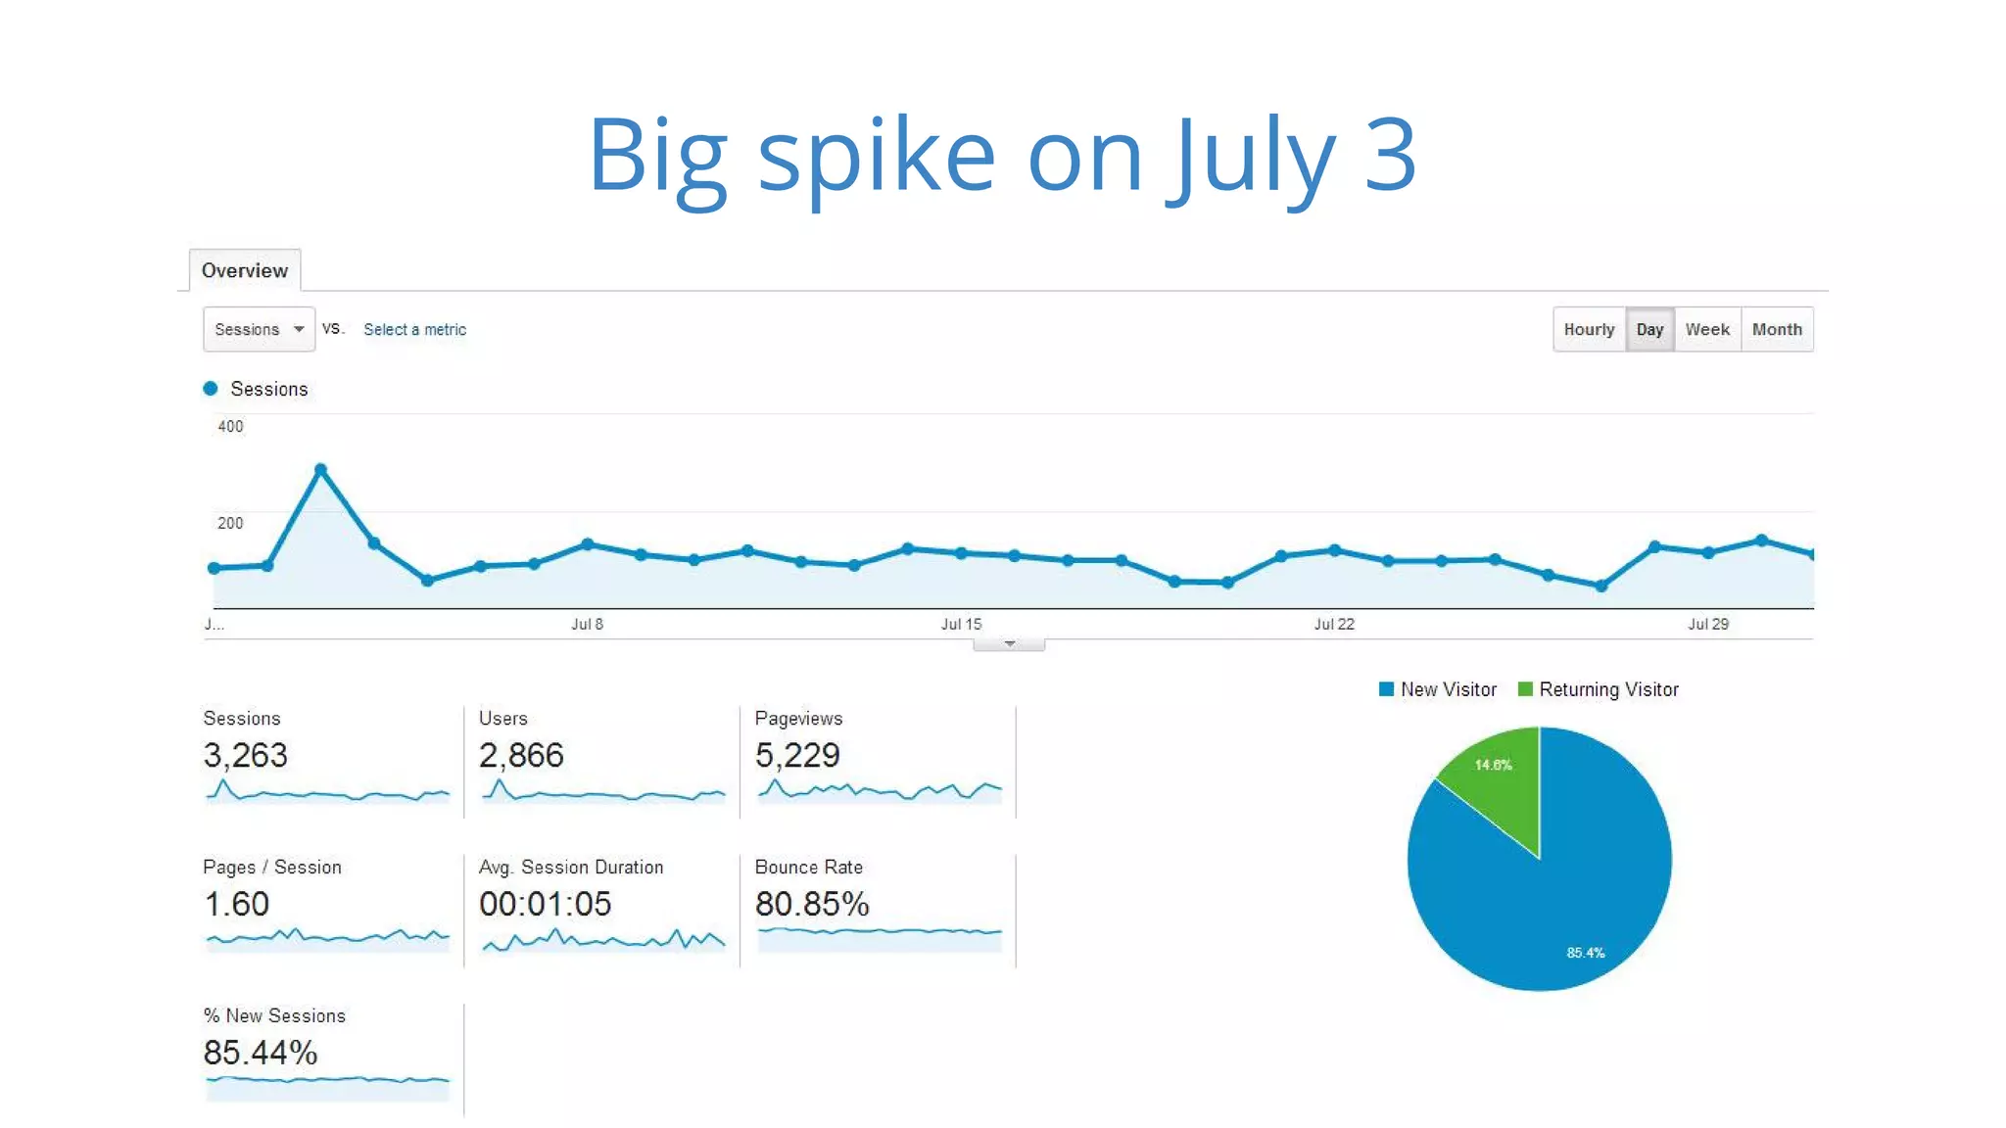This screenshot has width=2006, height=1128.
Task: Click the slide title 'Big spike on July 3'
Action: (1001, 155)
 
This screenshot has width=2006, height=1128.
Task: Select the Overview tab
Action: (244, 270)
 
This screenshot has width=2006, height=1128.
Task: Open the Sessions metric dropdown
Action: (259, 329)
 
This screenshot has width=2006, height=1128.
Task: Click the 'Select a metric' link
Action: (414, 329)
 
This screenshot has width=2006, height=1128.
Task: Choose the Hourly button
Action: (1588, 329)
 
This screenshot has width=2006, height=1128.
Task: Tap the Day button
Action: (1649, 329)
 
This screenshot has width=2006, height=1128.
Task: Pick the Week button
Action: (1706, 329)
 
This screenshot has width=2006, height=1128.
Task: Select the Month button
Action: (1776, 329)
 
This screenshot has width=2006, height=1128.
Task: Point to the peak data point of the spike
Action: (320, 470)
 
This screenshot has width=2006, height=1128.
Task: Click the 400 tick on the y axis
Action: (230, 426)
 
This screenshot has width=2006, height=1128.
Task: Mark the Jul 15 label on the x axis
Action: (960, 624)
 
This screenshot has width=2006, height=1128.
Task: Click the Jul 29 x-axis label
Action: (1707, 624)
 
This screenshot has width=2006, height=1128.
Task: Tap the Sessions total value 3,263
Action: (245, 755)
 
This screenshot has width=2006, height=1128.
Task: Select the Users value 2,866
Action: (521, 755)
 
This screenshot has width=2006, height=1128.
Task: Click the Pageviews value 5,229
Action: (797, 755)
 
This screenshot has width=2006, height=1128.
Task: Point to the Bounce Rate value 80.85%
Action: (811, 904)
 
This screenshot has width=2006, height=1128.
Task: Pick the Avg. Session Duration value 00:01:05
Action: (545, 904)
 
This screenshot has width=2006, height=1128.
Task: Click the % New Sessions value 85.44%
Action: (260, 1053)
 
